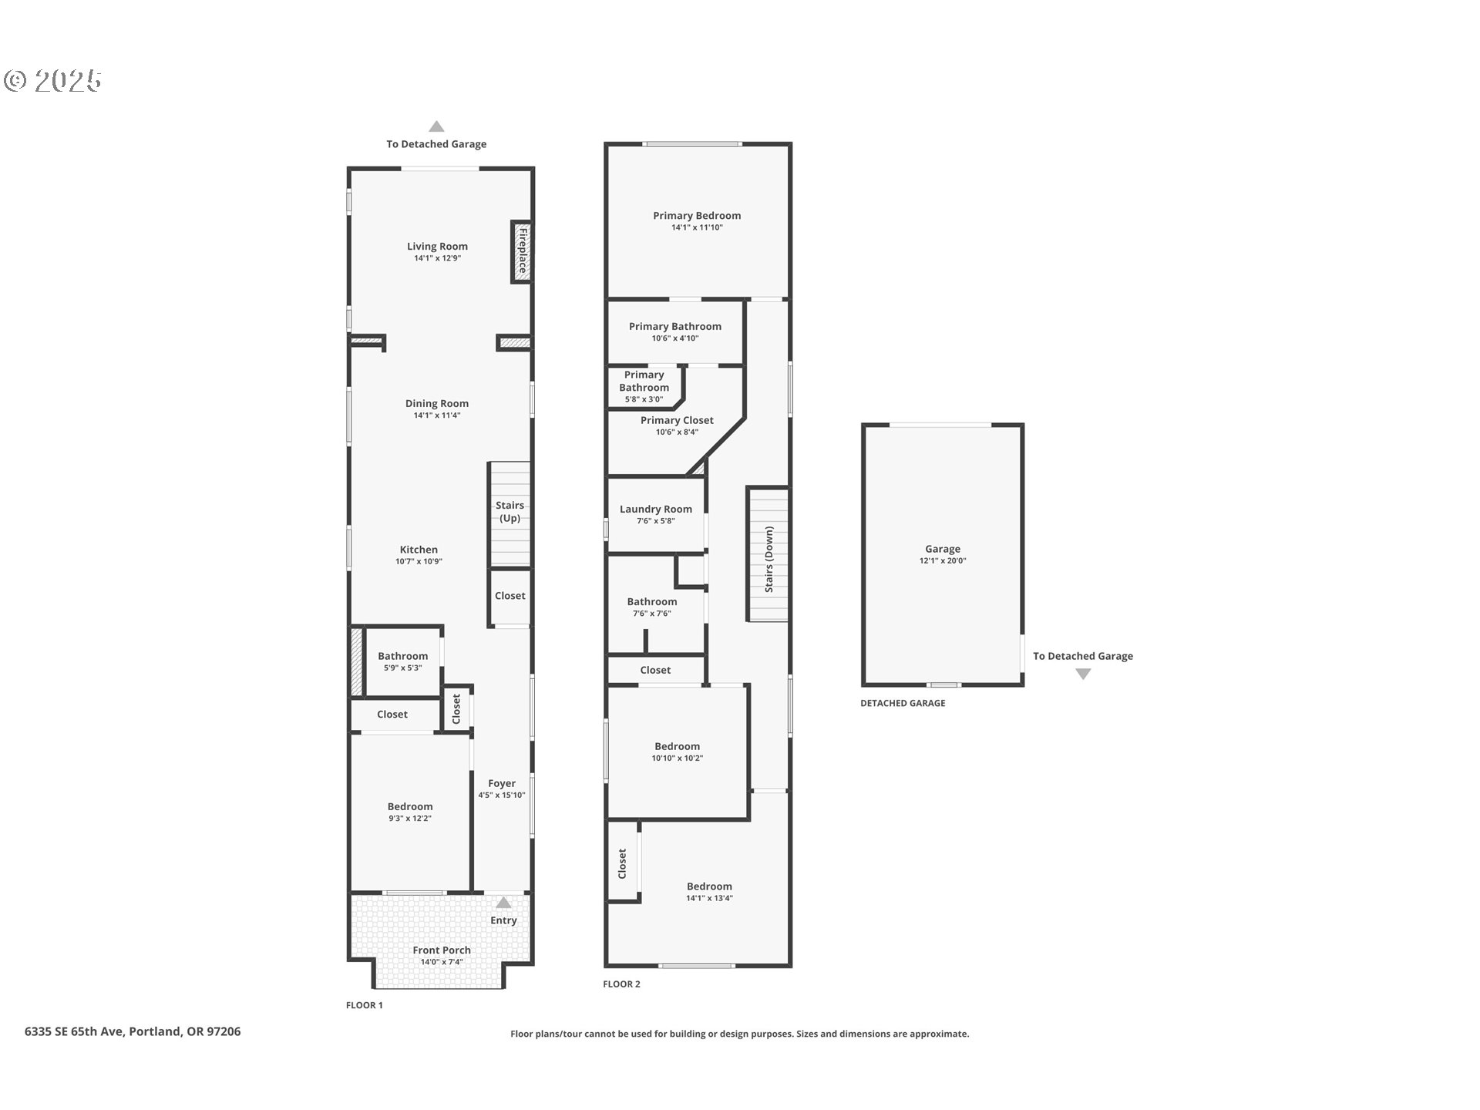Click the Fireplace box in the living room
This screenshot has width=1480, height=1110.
pyautogui.click(x=522, y=251)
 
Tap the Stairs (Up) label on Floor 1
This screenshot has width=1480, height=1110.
pyautogui.click(x=510, y=511)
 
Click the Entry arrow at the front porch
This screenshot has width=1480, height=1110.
pyautogui.click(x=503, y=903)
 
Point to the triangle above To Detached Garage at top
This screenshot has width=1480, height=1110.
pyautogui.click(x=436, y=126)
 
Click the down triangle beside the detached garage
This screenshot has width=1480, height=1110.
pyautogui.click(x=1083, y=674)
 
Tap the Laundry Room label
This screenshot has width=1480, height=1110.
pyautogui.click(x=655, y=509)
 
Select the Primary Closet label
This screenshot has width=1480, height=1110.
pyautogui.click(x=677, y=420)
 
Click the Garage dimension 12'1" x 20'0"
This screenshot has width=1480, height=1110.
pyautogui.click(x=942, y=561)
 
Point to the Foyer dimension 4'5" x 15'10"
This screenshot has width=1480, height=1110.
pyautogui.click(x=501, y=795)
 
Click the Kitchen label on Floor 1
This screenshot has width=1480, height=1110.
pyautogui.click(x=419, y=550)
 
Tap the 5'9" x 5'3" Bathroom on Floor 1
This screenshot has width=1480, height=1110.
pyautogui.click(x=402, y=661)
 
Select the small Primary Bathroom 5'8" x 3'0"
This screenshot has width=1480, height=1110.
pyautogui.click(x=644, y=387)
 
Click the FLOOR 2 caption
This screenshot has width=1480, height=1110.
pyautogui.click(x=621, y=984)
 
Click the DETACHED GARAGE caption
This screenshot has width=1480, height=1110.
pyautogui.click(x=903, y=703)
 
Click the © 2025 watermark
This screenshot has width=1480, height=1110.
pyautogui.click(x=52, y=81)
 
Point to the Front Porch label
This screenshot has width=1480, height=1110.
pyautogui.click(x=441, y=950)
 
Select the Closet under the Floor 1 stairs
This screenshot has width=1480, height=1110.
pyautogui.click(x=510, y=596)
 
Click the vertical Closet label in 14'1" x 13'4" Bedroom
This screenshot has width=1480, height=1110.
pyautogui.click(x=622, y=863)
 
